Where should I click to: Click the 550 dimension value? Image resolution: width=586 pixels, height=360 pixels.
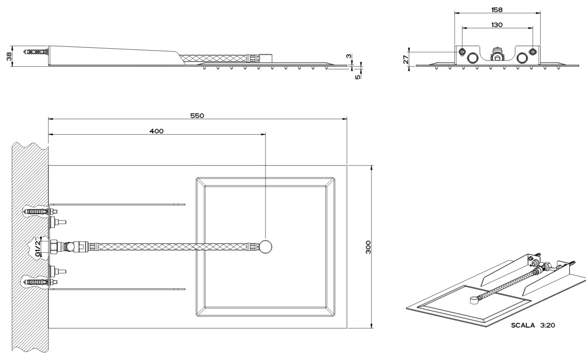tap(197, 116)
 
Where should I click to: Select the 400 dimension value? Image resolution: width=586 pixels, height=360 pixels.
tap(157, 131)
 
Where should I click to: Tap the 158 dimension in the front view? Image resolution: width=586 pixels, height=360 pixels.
tap(498, 9)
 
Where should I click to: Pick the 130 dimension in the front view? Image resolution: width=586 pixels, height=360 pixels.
tap(498, 24)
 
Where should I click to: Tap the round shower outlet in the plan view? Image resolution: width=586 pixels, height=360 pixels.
tap(266, 246)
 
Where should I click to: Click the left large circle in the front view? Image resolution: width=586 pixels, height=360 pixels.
tap(473, 58)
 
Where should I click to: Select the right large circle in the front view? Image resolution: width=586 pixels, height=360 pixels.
tap(522, 58)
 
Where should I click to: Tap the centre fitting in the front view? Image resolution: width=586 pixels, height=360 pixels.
tap(497, 54)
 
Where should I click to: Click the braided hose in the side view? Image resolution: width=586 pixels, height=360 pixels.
tap(215, 60)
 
